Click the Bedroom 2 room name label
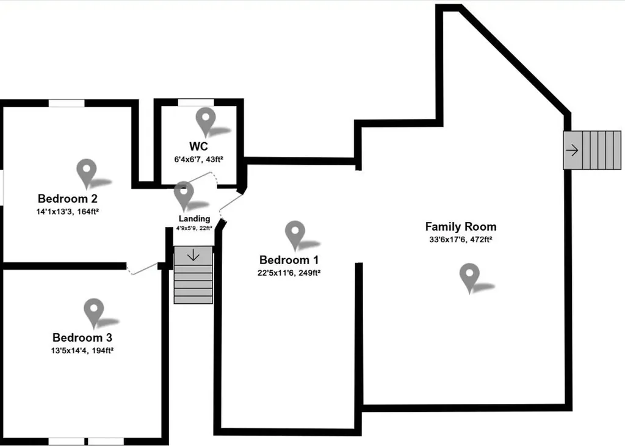(68, 198)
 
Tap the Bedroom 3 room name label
(82, 337)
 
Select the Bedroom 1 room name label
(289, 259)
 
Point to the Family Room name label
(461, 226)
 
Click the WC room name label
(198, 146)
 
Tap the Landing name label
(194, 218)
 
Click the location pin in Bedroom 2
(87, 172)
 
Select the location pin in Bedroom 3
(93, 312)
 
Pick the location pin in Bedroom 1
(295, 234)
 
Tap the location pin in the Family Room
(469, 277)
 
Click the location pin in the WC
(206, 121)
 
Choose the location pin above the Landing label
(183, 195)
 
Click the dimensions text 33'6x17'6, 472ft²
(461, 240)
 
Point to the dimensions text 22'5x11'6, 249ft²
(289, 273)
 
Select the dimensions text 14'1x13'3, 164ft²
(68, 212)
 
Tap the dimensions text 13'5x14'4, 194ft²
(82, 351)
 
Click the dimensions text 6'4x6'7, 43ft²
(198, 159)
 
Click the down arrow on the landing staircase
(193, 255)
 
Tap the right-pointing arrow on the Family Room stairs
(573, 150)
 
